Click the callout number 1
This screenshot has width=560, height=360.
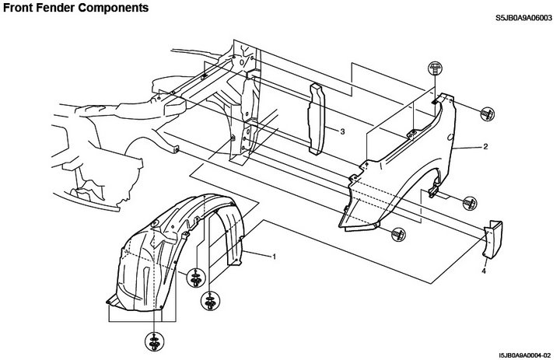[275, 257]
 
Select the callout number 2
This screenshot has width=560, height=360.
[485, 146]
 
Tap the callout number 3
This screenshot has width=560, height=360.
[342, 131]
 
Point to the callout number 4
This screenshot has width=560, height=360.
[484, 271]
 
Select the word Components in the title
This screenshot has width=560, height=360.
[113, 9]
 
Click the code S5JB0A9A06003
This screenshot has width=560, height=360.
[523, 18]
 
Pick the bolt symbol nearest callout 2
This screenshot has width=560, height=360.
[487, 114]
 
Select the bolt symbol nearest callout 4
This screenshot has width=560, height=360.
[470, 203]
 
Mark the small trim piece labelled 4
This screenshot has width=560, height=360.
[493, 239]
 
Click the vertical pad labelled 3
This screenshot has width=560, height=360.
[317, 119]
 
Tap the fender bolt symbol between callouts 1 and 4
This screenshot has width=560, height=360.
[398, 235]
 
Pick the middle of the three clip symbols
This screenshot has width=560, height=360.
[210, 301]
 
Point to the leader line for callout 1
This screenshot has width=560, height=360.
[258, 254]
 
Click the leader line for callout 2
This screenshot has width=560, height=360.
[467, 147]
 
